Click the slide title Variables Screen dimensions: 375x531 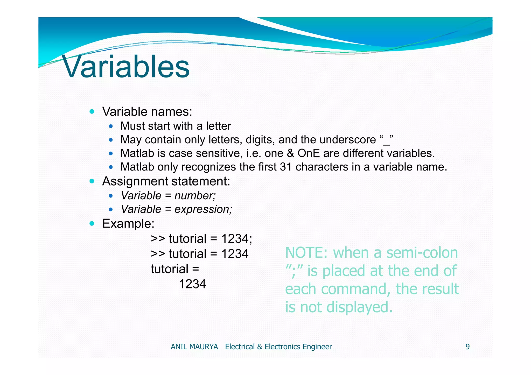tap(126, 67)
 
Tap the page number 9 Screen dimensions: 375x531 tap(467, 347)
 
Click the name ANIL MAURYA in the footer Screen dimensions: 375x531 tap(194, 347)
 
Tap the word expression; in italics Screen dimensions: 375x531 tap(203, 209)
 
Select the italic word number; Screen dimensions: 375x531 tap(195, 196)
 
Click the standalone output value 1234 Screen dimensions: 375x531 tap(192, 284)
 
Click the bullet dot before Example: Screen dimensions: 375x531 tap(92, 223)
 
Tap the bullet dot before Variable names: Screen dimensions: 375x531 tap(92, 112)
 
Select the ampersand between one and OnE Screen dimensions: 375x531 tap(290, 153)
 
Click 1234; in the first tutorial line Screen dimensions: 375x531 tap(236, 239)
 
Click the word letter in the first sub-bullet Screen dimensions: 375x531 tap(218, 126)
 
